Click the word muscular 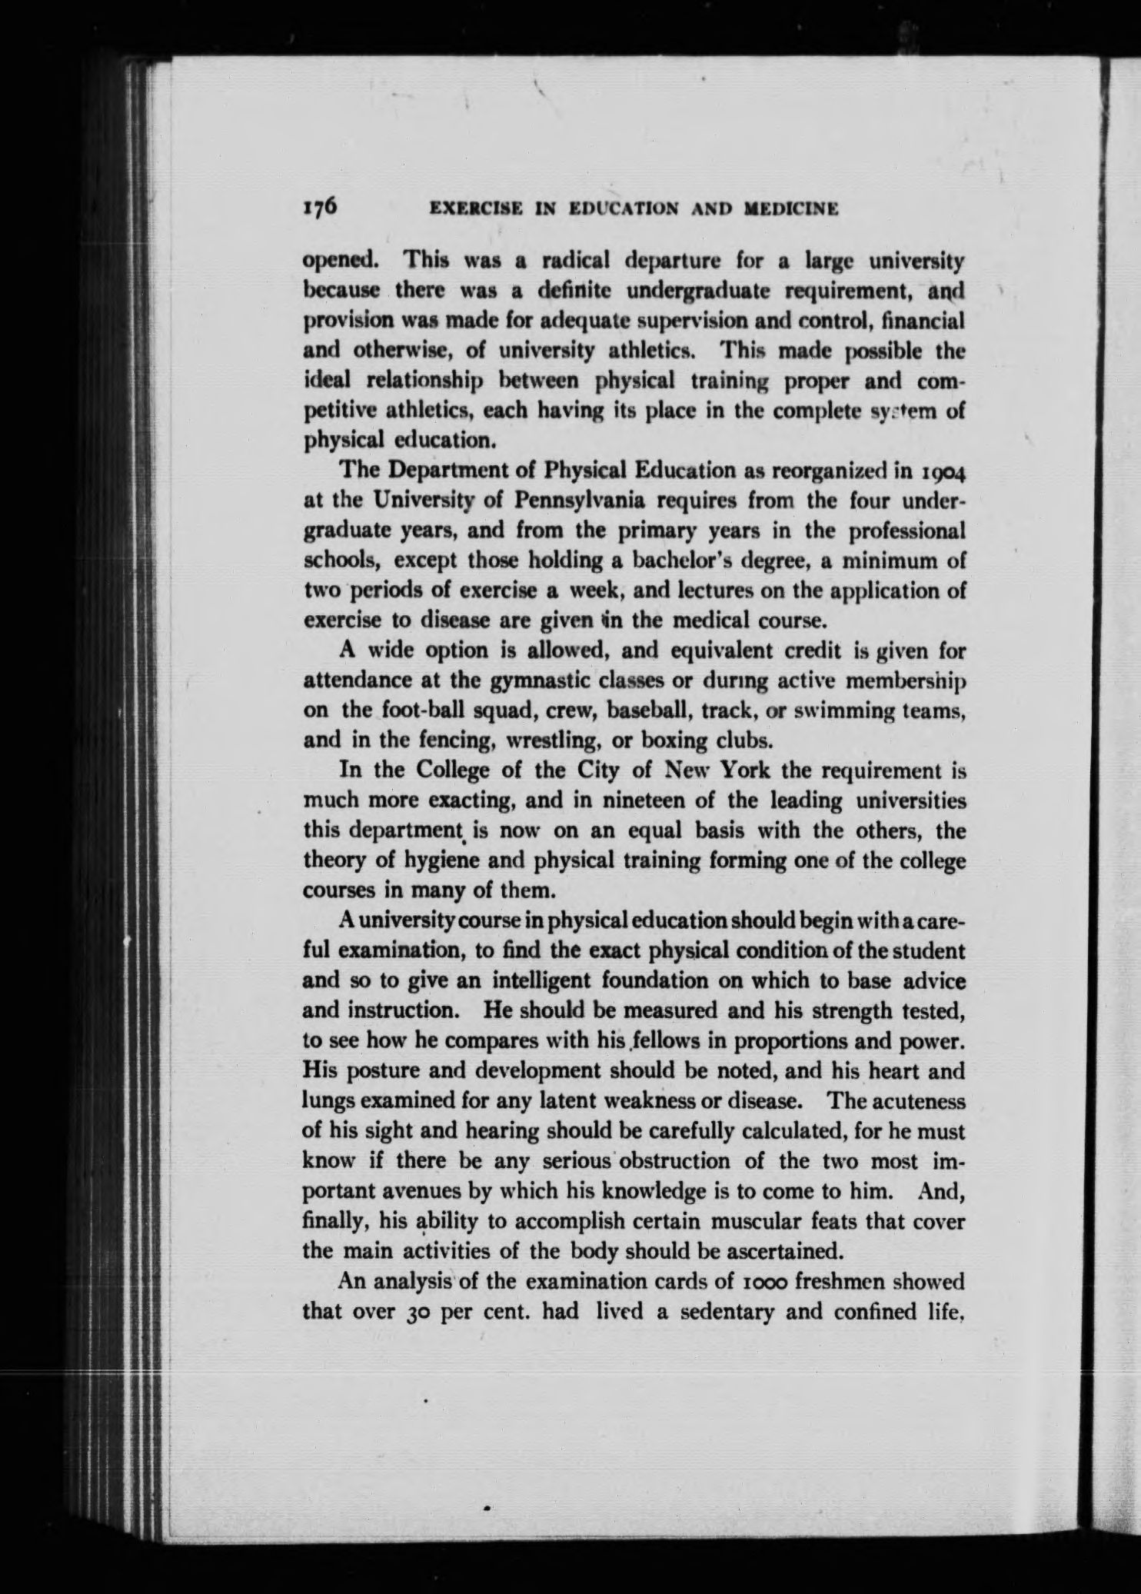point(757,1220)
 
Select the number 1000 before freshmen point(749,1281)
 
